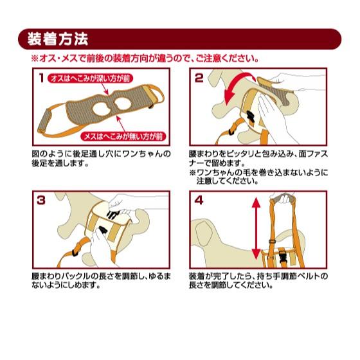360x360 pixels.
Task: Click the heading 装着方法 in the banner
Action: coord(58,39)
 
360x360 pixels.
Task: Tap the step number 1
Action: coord(41,78)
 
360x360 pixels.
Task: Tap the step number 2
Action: coord(199,78)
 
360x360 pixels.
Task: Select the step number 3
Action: coord(41,201)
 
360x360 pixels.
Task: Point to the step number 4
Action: coord(199,201)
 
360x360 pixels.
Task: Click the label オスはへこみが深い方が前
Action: coord(90,78)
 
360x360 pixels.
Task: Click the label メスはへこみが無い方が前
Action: coord(123,136)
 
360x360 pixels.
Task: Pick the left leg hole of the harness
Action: coord(102,109)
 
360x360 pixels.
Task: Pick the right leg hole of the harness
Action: coord(123,104)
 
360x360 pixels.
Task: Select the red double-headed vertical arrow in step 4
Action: coord(256,229)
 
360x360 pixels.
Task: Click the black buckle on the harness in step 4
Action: coord(283,256)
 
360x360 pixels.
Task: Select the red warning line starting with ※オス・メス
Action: coord(145,59)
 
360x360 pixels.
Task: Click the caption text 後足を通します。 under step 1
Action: coord(60,163)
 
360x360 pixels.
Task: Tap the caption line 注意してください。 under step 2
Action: coord(228,181)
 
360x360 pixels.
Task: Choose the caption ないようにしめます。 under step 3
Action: coord(66,285)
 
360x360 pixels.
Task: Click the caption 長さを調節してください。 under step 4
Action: coord(231,285)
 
